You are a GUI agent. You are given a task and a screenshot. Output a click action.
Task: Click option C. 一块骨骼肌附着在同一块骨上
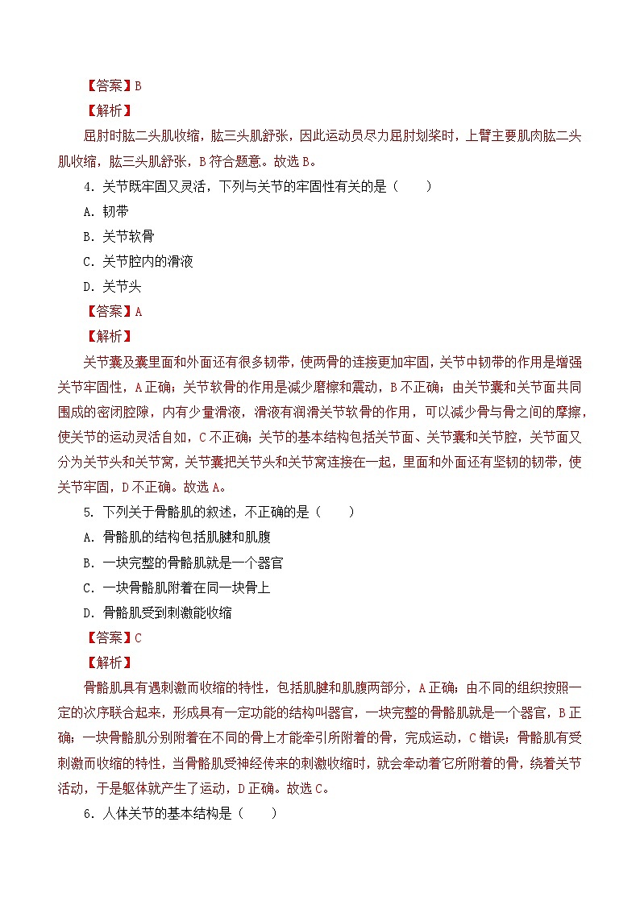click(x=177, y=587)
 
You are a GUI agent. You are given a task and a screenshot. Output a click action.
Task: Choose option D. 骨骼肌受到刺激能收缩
click(x=157, y=612)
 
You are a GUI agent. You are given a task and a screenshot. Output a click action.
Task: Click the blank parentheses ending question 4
click(x=413, y=187)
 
